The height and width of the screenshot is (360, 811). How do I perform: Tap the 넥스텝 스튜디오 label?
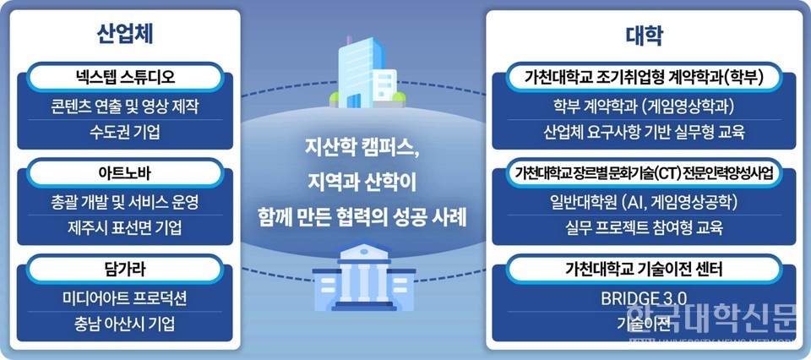pyautogui.click(x=124, y=79)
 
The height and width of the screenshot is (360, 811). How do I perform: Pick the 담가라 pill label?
pyautogui.click(x=124, y=270)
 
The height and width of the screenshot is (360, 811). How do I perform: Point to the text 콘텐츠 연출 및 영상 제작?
pyautogui.click(x=124, y=107)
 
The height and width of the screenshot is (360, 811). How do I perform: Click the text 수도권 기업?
pyautogui.click(x=124, y=133)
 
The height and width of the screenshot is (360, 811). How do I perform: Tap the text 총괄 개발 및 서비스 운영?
pyautogui.click(x=124, y=204)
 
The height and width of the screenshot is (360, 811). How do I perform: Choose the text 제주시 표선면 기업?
pyautogui.click(x=124, y=228)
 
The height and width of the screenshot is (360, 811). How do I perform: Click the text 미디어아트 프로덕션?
pyautogui.click(x=124, y=298)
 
